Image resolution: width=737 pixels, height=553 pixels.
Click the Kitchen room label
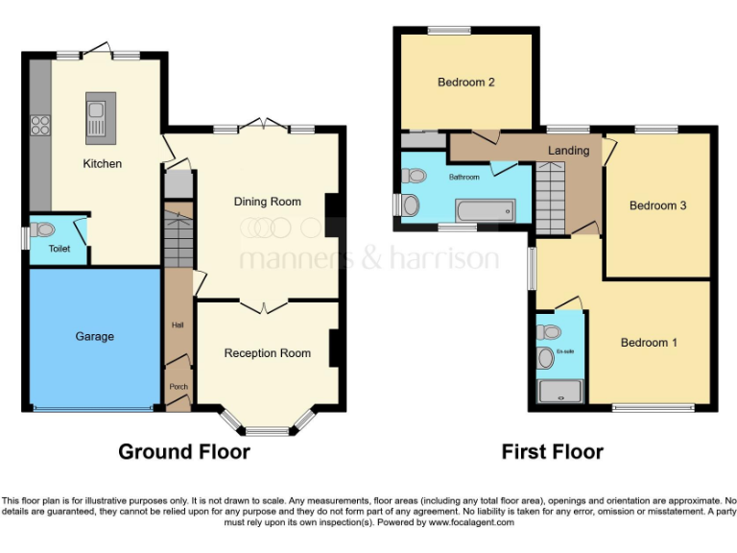[102, 163]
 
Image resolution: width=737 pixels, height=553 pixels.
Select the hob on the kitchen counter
[40, 124]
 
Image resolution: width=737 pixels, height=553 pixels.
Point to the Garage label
[94, 336]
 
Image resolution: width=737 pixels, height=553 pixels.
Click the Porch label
[178, 387]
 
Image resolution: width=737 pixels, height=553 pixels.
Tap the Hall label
[178, 325]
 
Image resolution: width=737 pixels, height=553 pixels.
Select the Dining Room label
[268, 202]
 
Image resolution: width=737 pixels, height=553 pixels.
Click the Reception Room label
[267, 353]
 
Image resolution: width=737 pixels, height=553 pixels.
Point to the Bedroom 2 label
[466, 83]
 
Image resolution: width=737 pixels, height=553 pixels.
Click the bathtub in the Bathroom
[484, 210]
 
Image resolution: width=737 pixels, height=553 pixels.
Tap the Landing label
[568, 151]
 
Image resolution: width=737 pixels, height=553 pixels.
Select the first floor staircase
[553, 197]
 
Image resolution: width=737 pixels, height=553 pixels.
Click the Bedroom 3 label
[657, 205]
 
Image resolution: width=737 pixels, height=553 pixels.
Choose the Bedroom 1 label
[649, 343]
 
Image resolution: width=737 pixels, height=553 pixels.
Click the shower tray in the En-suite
[559, 391]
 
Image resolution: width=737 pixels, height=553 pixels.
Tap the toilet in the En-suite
[549, 332]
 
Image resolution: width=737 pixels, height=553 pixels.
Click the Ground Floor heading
[183, 451]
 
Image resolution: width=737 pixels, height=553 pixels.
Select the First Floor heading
[552, 451]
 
